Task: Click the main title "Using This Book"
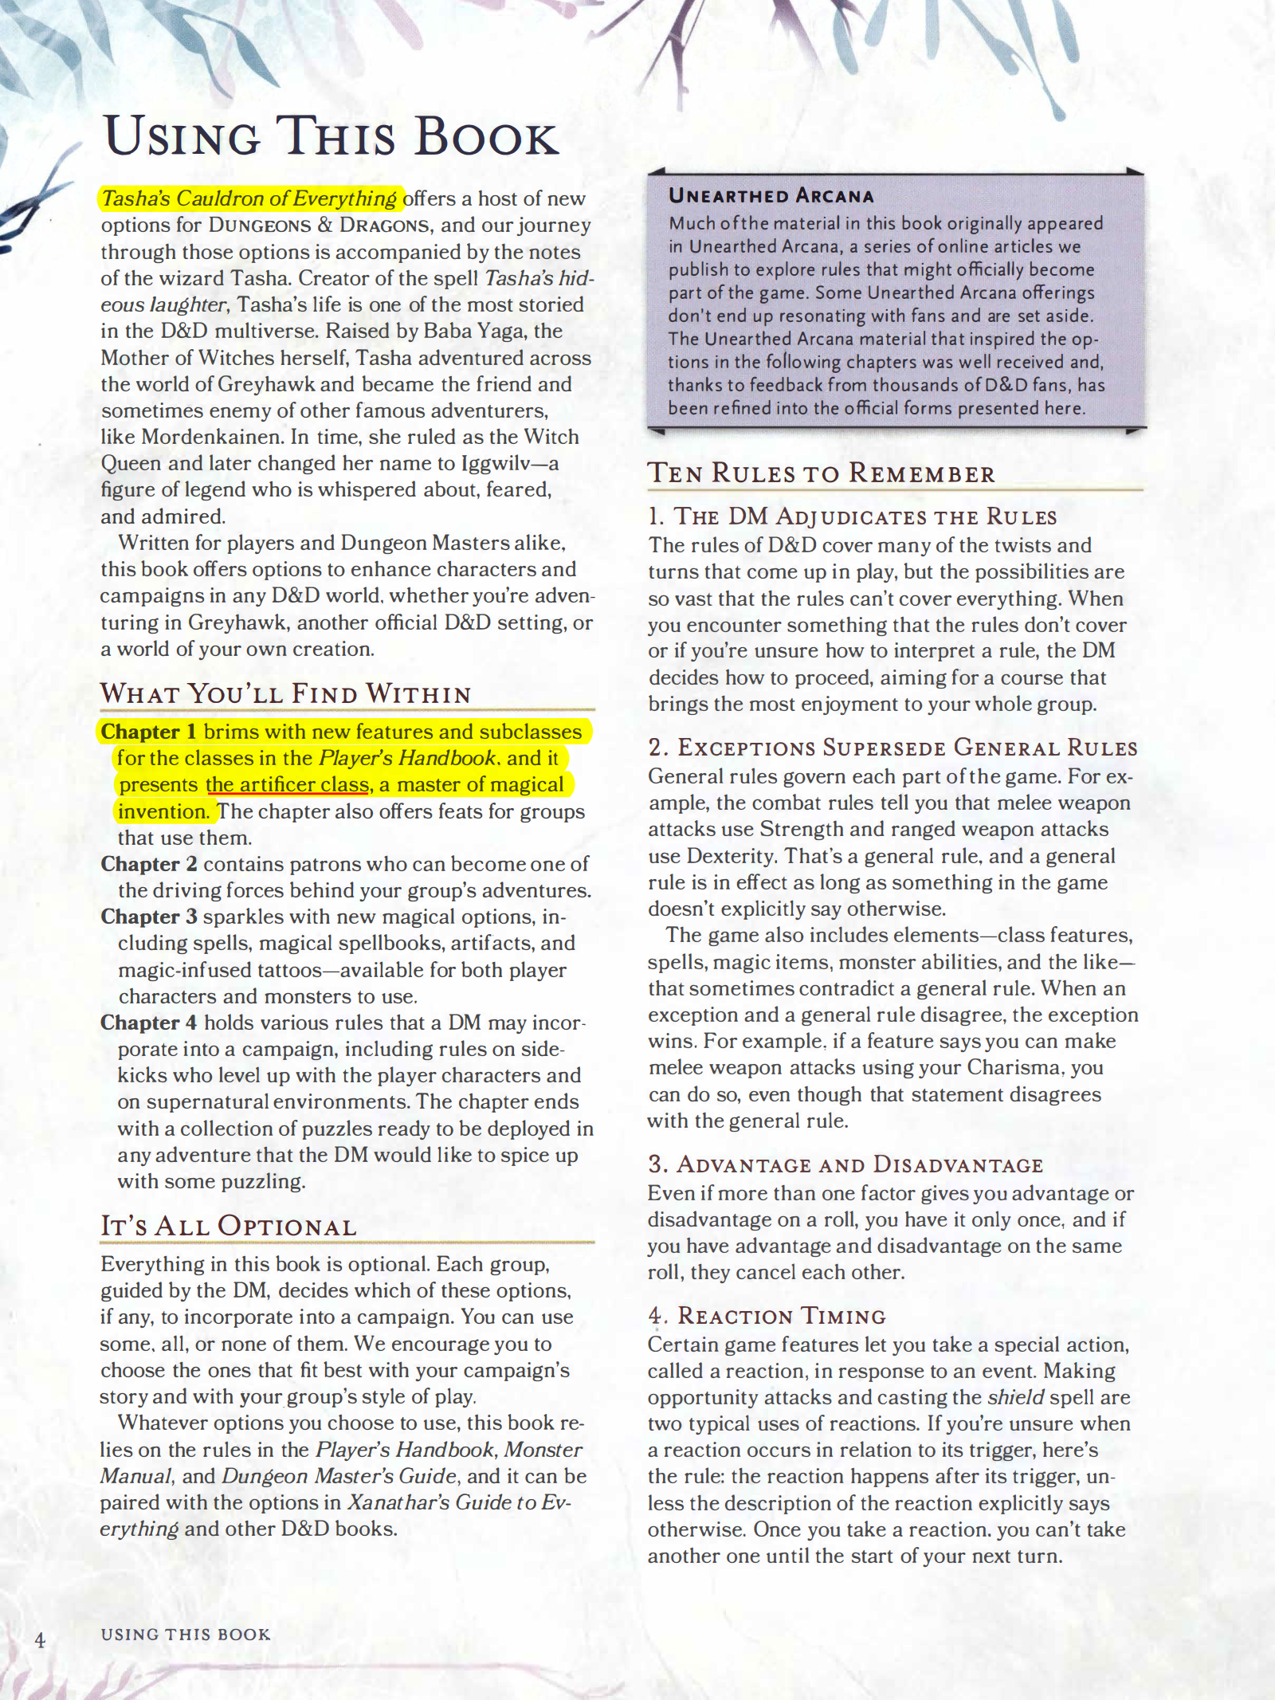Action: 331,136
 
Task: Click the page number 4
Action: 40,1639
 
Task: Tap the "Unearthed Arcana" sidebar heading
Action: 771,196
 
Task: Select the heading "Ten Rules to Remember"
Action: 821,473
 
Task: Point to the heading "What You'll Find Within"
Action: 285,693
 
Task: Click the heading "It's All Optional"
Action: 228,1226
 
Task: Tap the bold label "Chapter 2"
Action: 149,864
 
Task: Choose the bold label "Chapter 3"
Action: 149,917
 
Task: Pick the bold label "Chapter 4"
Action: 149,1023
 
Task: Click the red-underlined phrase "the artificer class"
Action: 288,785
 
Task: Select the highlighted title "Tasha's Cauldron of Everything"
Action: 249,198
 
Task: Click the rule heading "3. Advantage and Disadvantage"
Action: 845,1164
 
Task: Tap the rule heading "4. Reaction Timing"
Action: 767,1316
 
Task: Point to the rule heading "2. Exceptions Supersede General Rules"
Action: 892,748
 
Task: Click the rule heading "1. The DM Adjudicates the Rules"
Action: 852,516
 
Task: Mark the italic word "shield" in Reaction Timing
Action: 1015,1397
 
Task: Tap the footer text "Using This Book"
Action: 186,1634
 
